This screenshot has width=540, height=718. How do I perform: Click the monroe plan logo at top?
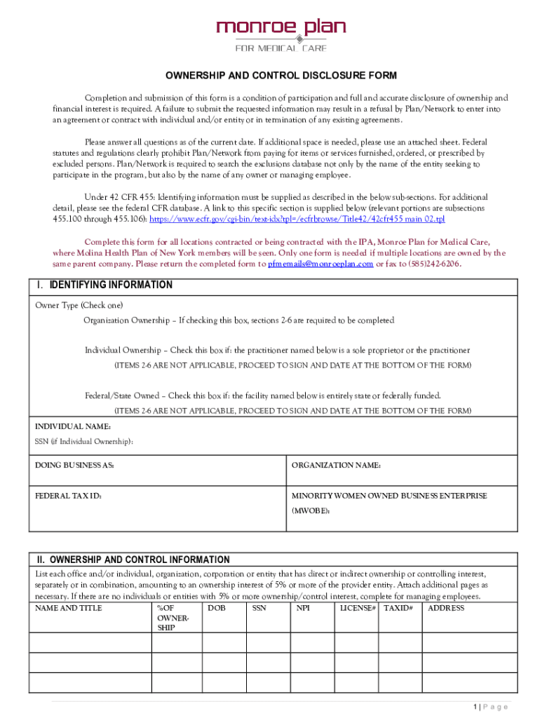pyautogui.click(x=281, y=34)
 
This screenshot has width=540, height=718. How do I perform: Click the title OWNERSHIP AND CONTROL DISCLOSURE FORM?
pyautogui.click(x=281, y=76)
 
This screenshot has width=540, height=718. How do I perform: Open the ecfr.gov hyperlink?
pyautogui.click(x=295, y=219)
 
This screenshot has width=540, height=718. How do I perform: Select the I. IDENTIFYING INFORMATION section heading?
pyautogui.click(x=104, y=285)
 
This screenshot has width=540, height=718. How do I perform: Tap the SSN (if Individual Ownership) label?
pyautogui.click(x=84, y=442)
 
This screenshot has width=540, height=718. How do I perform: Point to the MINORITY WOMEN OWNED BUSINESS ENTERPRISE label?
pyautogui.click(x=389, y=496)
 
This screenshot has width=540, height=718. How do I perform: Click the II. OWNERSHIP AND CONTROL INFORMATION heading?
pyautogui.click(x=133, y=560)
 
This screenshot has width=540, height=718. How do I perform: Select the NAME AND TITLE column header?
pyautogui.click(x=69, y=608)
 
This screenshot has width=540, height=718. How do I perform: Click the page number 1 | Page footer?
pyautogui.click(x=490, y=707)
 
